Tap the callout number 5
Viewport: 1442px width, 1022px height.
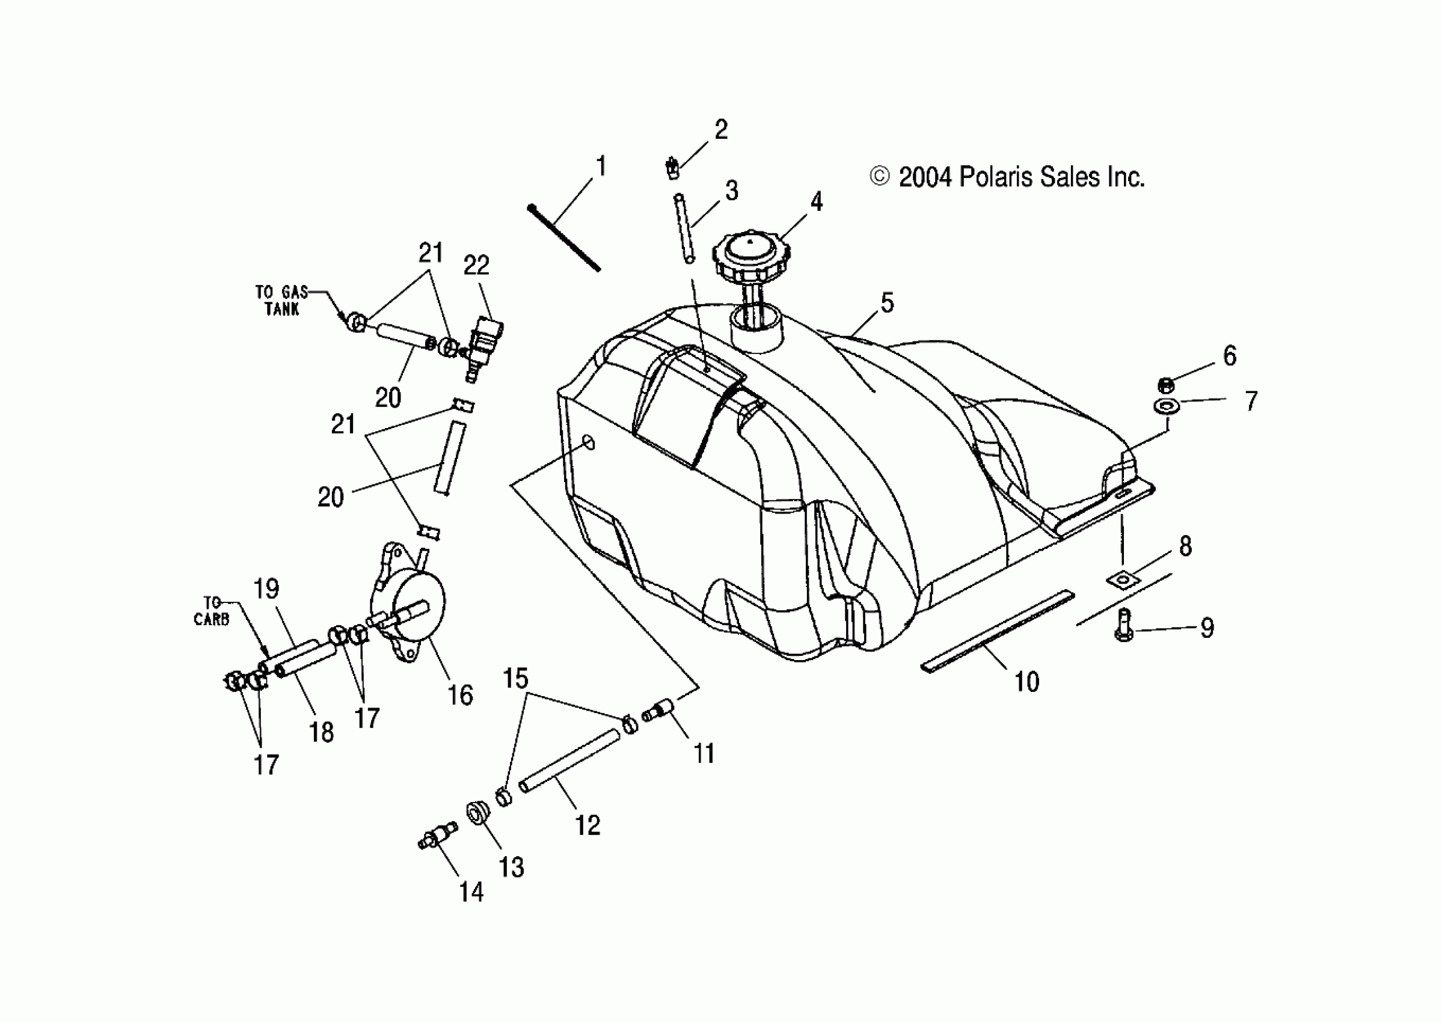(x=887, y=304)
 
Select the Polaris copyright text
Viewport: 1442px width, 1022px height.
(x=1007, y=177)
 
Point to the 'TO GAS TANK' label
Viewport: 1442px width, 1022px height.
(x=281, y=300)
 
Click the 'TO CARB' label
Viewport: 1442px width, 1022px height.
(x=212, y=611)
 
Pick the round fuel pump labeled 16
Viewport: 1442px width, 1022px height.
(x=413, y=604)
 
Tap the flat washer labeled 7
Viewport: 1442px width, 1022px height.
(x=1165, y=406)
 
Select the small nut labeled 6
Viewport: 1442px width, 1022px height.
(x=1165, y=385)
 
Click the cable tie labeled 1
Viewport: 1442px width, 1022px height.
(x=564, y=238)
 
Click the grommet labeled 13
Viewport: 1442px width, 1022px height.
(x=478, y=812)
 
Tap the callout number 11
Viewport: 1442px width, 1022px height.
(x=704, y=753)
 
